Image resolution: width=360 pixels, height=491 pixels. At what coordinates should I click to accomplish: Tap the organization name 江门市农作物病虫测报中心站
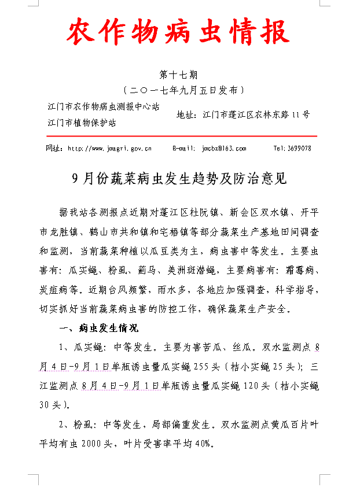coord(104,108)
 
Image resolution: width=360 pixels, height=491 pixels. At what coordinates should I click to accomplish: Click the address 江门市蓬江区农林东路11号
coord(256,115)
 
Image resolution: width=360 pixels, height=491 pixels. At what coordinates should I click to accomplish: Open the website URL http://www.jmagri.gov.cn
coord(109,149)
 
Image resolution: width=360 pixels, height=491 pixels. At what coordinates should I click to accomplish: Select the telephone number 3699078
coord(300,149)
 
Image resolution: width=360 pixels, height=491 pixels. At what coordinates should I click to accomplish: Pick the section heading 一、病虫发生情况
coord(99,328)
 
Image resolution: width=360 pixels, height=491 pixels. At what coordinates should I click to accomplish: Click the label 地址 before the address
coord(185,115)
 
